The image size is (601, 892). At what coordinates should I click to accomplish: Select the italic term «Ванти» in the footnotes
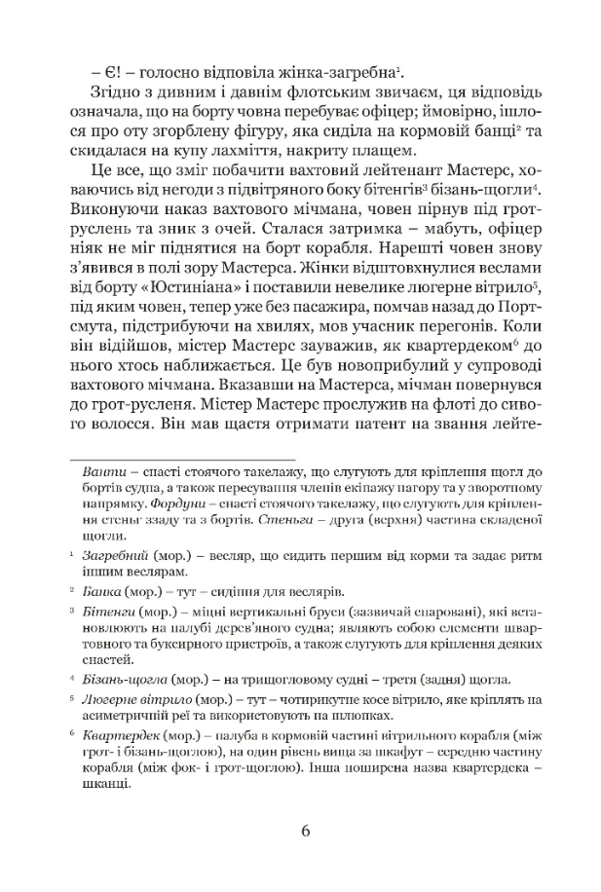pyautogui.click(x=103, y=472)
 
